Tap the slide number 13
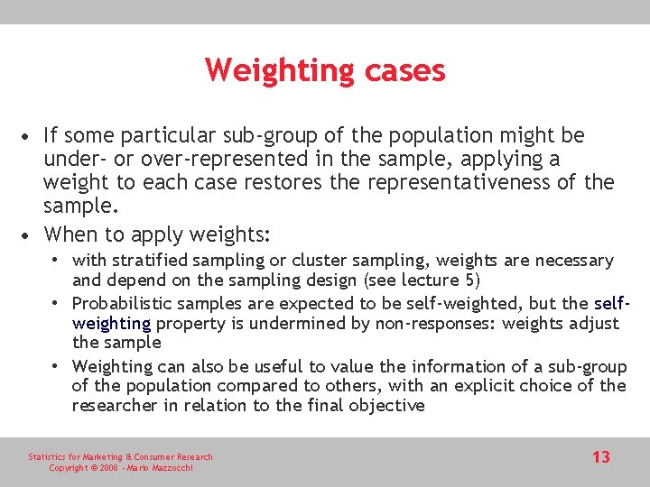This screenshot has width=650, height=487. [x=600, y=457]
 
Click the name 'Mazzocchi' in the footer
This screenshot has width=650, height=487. [x=170, y=467]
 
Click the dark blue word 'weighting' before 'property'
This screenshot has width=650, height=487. [x=112, y=323]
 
